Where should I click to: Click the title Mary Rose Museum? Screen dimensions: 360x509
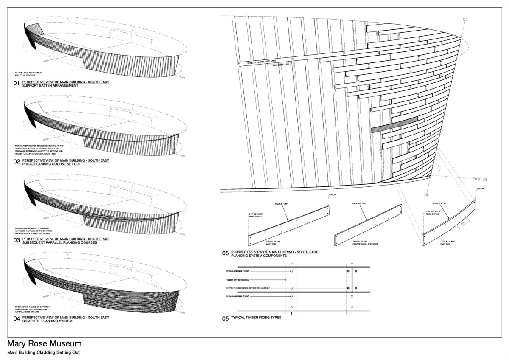[x=44, y=344]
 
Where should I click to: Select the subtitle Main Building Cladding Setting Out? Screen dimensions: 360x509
[x=43, y=353]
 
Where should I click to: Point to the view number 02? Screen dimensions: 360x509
[x=17, y=162]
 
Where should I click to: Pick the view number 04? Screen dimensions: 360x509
[x=17, y=319]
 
